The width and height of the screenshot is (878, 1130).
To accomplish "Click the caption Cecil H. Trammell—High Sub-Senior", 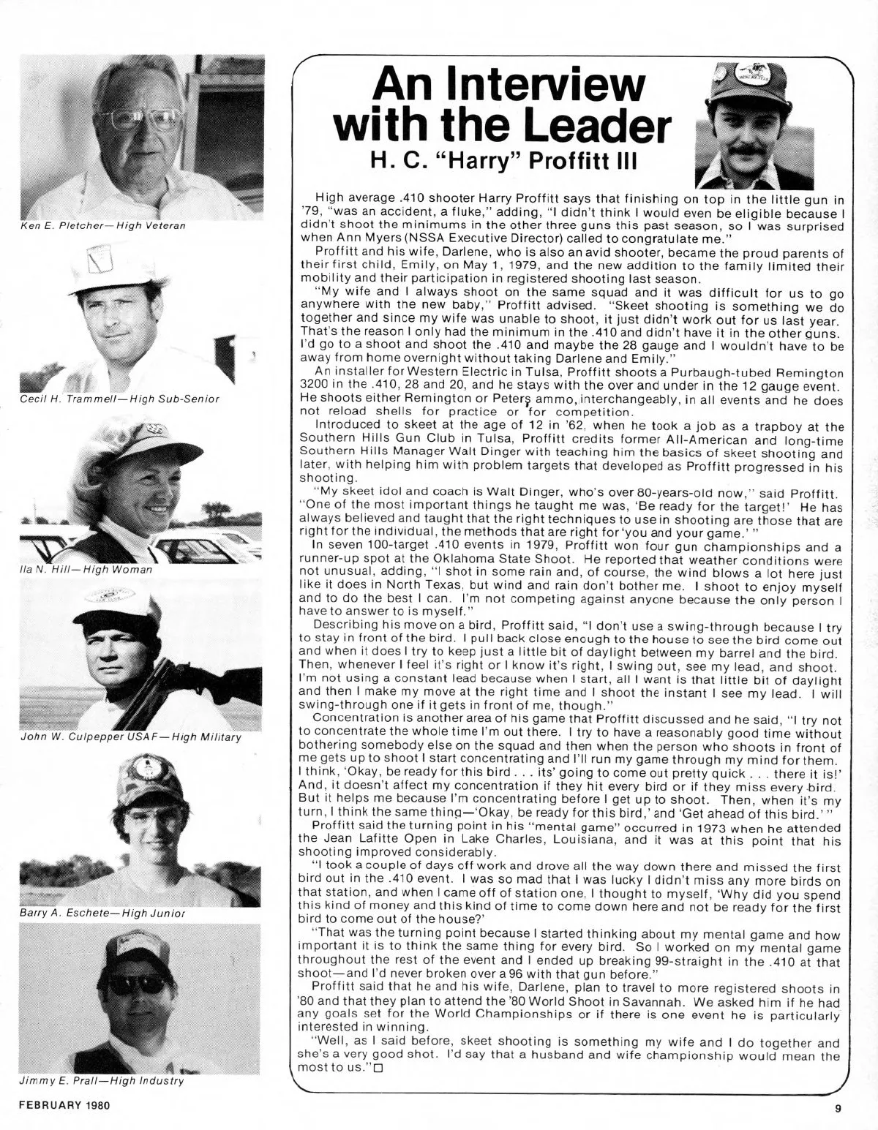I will pos(120,399).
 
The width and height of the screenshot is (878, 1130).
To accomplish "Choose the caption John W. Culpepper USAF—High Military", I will pos(130,737).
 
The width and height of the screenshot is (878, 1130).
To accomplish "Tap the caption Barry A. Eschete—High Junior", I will pos(102,914).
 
